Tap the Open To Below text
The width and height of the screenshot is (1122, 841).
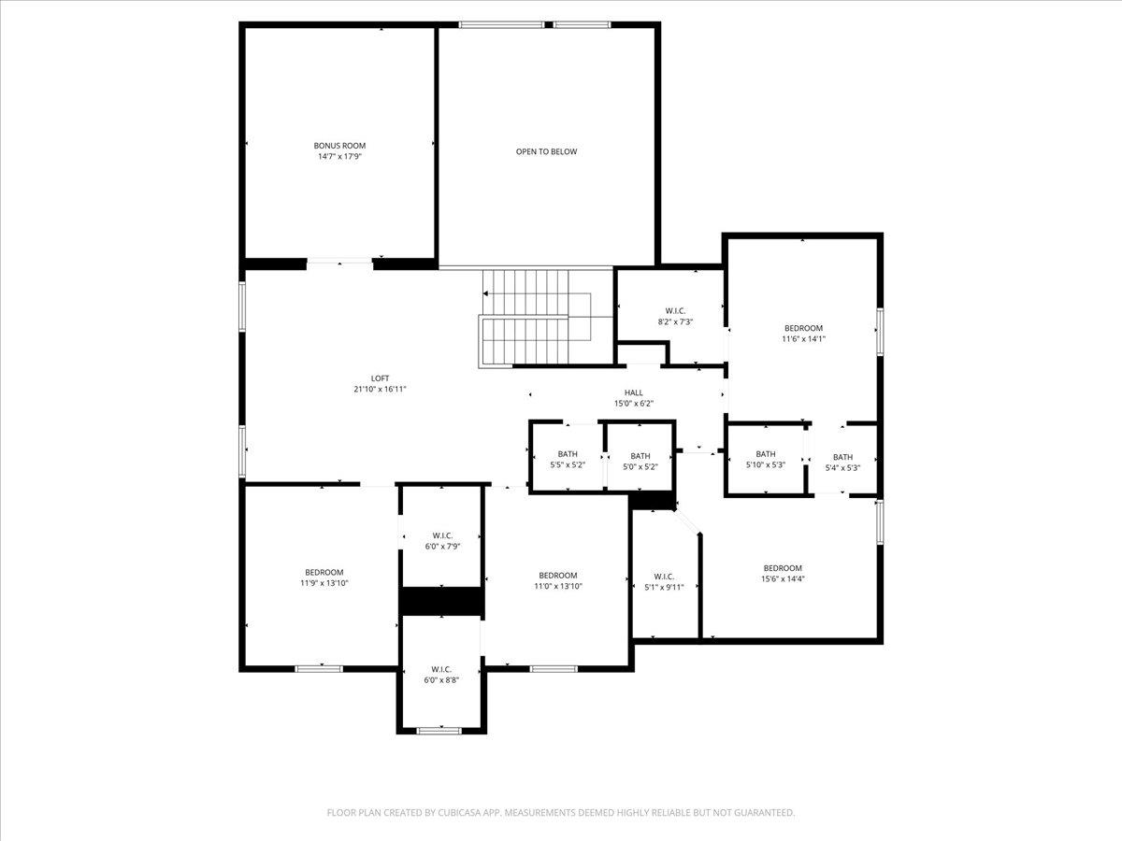pos(547,151)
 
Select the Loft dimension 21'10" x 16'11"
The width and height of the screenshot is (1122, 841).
pos(380,390)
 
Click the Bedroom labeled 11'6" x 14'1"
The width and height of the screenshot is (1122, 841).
pos(803,334)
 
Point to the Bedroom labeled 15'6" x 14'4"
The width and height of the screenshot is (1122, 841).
pos(783,573)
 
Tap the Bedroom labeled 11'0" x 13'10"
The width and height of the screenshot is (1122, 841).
pos(557,580)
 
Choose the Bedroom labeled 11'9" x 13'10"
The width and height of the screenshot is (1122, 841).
pos(323,577)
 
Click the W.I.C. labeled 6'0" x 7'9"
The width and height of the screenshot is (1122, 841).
pos(442,540)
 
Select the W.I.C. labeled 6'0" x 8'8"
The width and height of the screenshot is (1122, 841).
pos(442,675)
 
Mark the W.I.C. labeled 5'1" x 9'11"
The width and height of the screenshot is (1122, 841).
pos(664,581)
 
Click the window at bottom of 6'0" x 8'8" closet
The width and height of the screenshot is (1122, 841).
pos(439,730)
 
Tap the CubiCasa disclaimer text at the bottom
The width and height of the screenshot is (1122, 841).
pos(561,813)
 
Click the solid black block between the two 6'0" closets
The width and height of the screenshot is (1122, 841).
pos(441,601)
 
